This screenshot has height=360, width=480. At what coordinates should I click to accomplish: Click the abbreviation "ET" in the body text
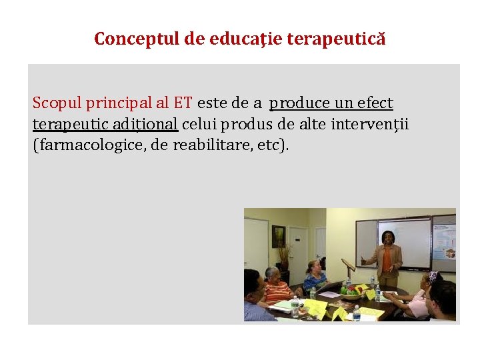tap(183, 103)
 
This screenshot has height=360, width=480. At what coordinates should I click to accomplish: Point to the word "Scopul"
tap(54, 103)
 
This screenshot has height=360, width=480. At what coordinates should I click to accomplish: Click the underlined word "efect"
tap(375, 103)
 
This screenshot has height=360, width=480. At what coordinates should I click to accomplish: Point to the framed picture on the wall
tap(278, 236)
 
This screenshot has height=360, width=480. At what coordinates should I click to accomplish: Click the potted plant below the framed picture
tap(285, 257)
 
